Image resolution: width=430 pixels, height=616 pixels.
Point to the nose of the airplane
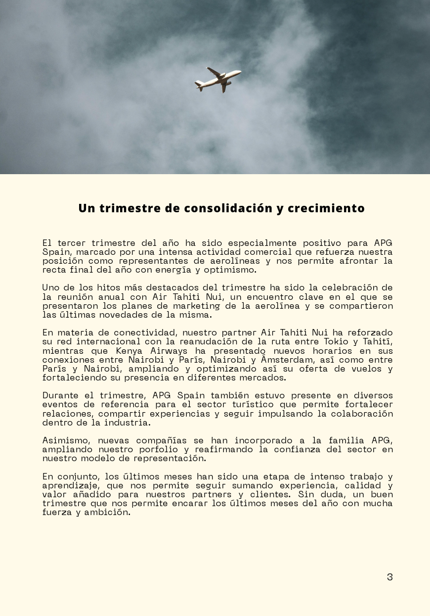239,73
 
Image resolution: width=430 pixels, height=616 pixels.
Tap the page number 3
389,577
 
